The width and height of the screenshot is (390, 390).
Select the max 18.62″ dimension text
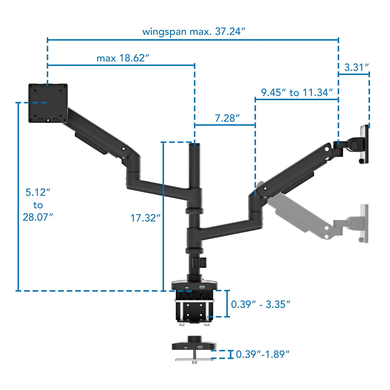123,58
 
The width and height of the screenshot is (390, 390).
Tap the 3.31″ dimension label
356,67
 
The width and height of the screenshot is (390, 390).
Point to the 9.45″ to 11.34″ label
297,93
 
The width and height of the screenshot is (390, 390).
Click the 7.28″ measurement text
227,118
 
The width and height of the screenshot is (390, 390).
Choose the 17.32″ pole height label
145,218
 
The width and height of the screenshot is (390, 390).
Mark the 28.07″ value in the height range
38,217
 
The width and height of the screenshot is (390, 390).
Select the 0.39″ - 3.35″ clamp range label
261,304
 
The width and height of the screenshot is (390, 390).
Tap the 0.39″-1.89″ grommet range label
262,354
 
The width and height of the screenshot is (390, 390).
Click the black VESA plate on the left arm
48,103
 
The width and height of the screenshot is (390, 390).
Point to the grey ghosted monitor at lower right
364,224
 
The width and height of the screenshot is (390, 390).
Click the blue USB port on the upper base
202,287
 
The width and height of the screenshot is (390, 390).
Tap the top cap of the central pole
195,145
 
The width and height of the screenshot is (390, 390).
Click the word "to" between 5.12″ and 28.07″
38,205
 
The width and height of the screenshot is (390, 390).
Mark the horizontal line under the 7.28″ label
225,125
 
